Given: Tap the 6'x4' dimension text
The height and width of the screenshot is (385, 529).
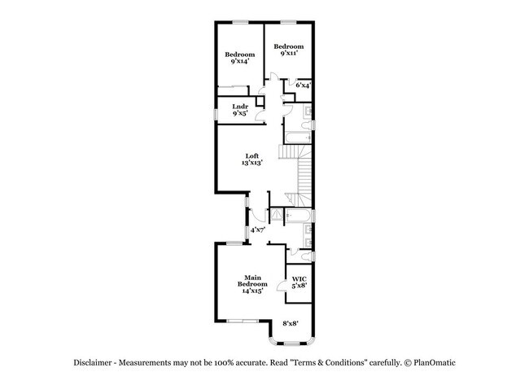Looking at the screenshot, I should point(303,85).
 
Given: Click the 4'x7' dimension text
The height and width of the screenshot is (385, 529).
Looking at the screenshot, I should point(258,230).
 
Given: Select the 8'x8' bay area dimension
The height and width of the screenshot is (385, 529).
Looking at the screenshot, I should point(291,324).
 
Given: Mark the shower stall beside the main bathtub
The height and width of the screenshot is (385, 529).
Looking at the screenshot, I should point(277,216).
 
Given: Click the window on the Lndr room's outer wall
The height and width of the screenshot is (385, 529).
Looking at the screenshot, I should point(216,111).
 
